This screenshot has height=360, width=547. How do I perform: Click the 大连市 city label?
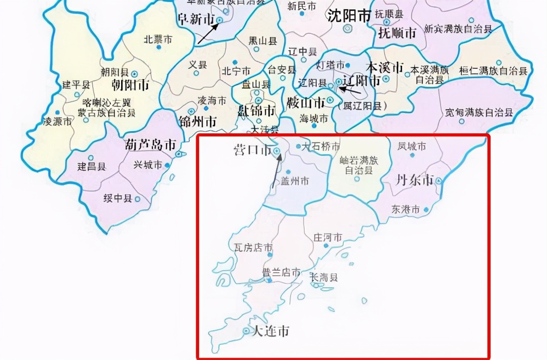coord(269,331)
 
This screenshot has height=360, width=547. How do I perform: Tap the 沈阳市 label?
coord(349,16)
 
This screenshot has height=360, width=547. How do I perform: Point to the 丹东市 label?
coord(414,180)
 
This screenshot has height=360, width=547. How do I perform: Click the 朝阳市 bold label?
coord(130,84)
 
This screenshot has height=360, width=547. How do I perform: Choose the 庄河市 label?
coord(327,238)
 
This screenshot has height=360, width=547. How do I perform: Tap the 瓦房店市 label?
coord(253,248)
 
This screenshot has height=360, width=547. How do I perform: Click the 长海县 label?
coord(324,277)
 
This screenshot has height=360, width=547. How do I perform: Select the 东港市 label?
coord(405,209)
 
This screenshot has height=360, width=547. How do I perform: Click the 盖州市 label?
coord(295,181)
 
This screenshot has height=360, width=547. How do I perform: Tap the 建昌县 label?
coord(91,166)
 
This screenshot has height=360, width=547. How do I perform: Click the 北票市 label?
coord(158,38)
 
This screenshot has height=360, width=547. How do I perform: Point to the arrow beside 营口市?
coord(276,172)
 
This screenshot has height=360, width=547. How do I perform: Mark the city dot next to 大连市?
coord(246,331)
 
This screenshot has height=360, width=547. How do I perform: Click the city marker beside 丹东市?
coord(439,181)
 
